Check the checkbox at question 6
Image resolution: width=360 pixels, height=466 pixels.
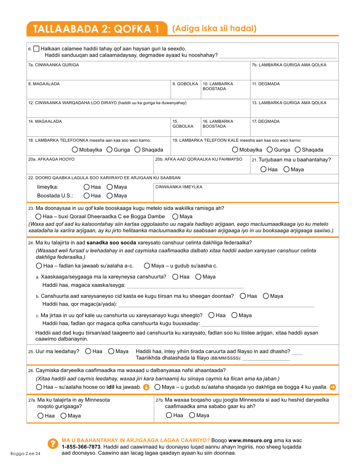(36, 48)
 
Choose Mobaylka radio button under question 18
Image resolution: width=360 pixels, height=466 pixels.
(75, 150)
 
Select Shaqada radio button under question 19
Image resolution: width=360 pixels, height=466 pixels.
(298, 150)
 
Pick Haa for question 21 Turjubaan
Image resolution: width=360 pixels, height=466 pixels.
(264, 169)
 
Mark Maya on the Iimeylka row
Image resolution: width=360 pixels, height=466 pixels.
(110, 187)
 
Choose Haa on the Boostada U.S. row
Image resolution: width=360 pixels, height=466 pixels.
(87, 195)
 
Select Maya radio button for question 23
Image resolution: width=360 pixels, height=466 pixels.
(175, 217)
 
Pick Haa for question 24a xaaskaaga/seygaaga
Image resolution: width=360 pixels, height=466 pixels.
(175, 277)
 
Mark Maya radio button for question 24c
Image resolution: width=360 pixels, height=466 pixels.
(235, 315)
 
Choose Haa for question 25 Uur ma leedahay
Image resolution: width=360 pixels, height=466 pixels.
(88, 351)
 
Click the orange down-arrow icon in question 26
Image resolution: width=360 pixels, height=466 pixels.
(147, 387)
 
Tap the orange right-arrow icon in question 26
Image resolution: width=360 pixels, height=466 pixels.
(333, 387)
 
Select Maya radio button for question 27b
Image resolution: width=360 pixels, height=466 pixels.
(192, 415)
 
